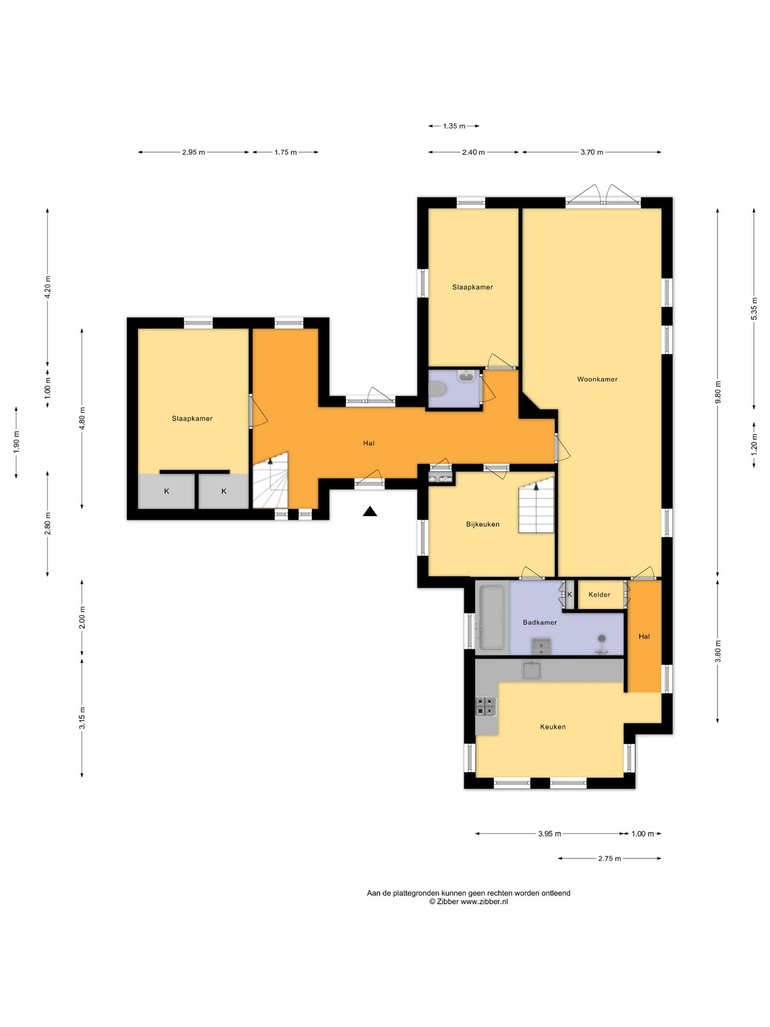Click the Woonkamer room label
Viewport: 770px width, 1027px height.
coord(597,379)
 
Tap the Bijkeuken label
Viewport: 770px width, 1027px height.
coord(483,524)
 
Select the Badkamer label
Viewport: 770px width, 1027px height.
coord(540,622)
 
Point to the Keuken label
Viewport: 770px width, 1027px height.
coord(553,726)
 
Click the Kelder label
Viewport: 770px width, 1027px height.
coord(599,594)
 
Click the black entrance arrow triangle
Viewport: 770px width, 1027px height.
coord(370,511)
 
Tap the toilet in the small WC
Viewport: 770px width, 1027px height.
coord(438,389)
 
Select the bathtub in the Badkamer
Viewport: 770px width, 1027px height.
coord(492,618)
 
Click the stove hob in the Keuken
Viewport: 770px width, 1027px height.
coord(486,706)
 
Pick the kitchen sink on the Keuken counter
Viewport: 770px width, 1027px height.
coord(532,670)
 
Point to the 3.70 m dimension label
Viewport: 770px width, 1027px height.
coord(592,152)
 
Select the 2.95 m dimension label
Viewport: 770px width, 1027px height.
coord(194,152)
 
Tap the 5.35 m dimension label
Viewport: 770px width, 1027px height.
coord(754,309)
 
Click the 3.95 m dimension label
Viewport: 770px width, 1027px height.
coord(550,834)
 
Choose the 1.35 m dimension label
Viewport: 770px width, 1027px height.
coord(454,126)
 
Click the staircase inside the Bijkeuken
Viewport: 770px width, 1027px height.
coord(536,505)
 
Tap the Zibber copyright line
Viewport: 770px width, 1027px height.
coord(468,901)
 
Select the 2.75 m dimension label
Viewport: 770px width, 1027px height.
coord(610,859)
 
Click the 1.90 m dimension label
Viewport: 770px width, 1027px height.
coord(16,442)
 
